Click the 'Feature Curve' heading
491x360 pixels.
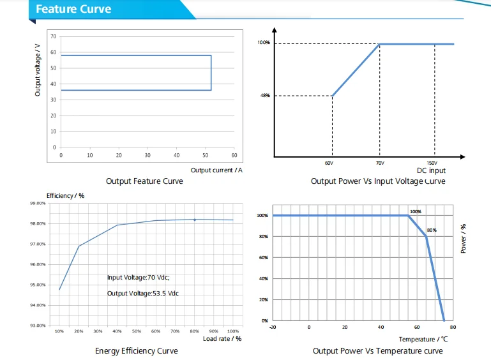[x=73, y=10]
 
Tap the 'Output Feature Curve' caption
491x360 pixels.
[x=144, y=181]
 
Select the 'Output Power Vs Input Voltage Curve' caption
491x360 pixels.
[x=378, y=181]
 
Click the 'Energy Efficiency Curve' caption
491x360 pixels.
[x=136, y=351]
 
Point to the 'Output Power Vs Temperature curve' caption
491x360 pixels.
[x=377, y=351]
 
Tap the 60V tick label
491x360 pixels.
[x=329, y=163]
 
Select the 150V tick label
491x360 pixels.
[x=432, y=163]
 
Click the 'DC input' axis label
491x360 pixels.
[x=431, y=170]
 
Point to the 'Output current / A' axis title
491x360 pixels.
[x=216, y=170]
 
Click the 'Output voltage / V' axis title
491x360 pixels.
[x=38, y=75]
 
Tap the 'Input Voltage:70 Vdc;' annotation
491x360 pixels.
[x=138, y=278]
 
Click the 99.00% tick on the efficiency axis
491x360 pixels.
[x=38, y=203]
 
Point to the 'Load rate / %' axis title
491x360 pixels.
[x=222, y=338]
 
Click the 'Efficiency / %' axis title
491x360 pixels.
[x=66, y=195]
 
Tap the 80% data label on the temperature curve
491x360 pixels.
[x=432, y=230]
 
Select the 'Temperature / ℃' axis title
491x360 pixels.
[x=423, y=340]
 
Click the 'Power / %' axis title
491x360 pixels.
[x=464, y=238]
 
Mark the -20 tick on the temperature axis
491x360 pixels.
[x=273, y=327]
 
